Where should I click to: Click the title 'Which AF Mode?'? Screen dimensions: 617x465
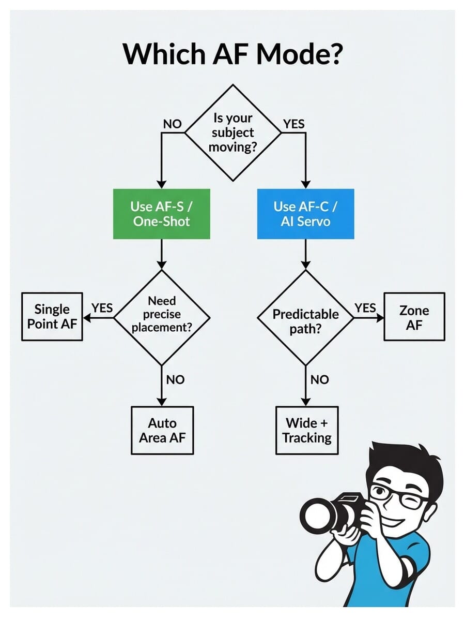click(x=232, y=54)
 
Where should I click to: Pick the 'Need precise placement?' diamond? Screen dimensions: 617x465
click(x=162, y=314)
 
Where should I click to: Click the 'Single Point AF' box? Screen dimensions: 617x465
click(x=52, y=316)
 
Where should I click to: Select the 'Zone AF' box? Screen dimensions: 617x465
click(x=414, y=317)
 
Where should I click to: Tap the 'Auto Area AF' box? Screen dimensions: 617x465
click(x=162, y=430)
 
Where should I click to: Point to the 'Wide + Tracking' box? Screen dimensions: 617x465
click(x=306, y=430)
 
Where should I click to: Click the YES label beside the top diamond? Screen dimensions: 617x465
click(x=294, y=124)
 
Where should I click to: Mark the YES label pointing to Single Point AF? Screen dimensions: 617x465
click(x=102, y=308)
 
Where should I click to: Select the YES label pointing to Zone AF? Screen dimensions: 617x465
click(x=365, y=308)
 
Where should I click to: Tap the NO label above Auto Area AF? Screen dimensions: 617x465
click(x=175, y=379)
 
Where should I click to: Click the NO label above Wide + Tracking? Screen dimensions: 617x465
click(x=319, y=379)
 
